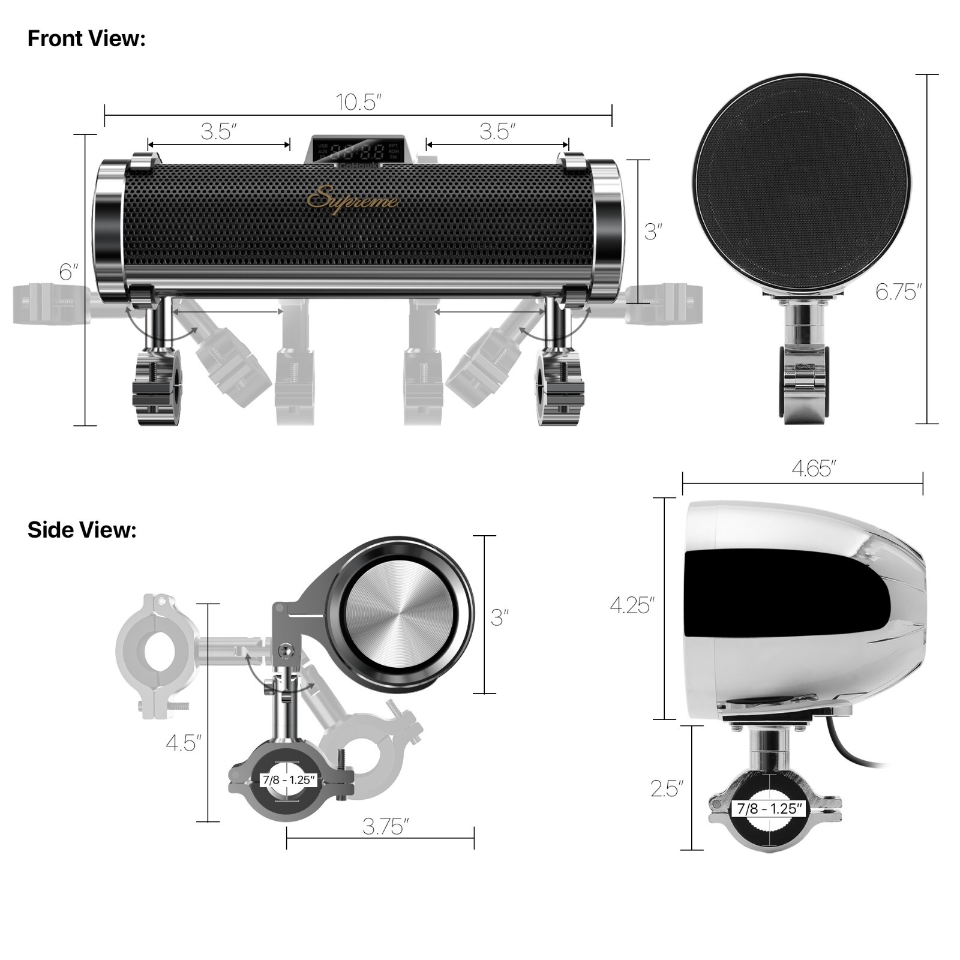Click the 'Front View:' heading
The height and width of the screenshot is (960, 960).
click(86, 38)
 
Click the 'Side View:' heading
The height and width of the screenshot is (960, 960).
click(82, 530)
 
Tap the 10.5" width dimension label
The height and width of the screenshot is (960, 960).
click(358, 102)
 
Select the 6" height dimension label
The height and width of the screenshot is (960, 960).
click(68, 272)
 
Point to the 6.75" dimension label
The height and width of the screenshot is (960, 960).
click(898, 292)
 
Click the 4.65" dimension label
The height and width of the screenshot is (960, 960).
click(813, 469)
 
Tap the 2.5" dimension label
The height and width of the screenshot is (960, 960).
click(667, 788)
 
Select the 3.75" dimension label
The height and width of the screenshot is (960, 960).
click(385, 827)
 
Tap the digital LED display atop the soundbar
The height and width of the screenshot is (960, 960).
click(359, 150)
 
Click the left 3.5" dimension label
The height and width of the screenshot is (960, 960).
click(218, 131)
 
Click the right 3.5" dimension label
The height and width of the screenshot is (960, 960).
click(497, 131)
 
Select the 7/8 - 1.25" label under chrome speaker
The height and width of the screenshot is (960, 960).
click(769, 808)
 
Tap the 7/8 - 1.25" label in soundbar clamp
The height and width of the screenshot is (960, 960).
click(289, 780)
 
